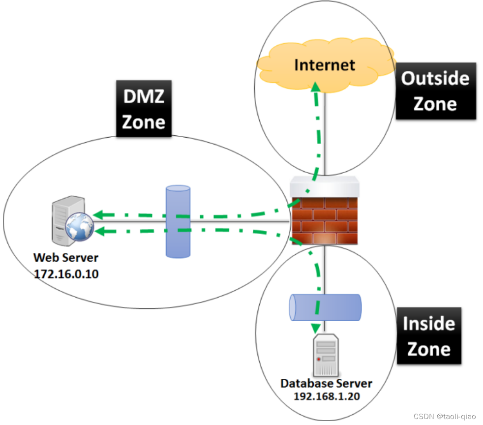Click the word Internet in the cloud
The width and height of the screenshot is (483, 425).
coord(324,64)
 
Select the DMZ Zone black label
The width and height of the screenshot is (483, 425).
coord(144,109)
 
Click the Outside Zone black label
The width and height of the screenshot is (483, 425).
coord(435,91)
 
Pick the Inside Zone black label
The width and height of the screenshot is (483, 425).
coord(429,336)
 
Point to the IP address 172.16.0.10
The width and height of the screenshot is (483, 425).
coord(66,274)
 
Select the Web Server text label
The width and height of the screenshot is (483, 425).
coord(66,258)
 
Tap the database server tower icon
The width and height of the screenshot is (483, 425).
coord(325,354)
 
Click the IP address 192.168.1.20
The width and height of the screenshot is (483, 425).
coord(326,395)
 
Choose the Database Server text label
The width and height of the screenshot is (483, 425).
coord(326,383)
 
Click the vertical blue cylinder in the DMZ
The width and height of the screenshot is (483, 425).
coord(178,221)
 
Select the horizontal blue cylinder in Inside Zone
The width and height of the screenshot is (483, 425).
coord(326,307)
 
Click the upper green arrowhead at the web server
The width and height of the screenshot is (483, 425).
coord(98,215)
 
